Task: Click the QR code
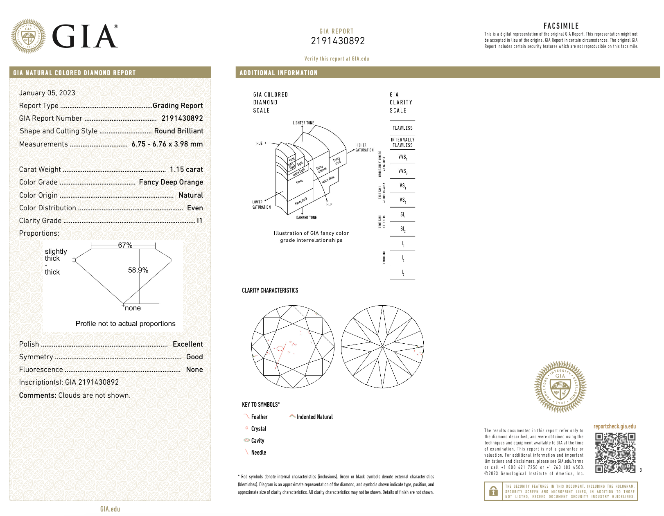tap(615, 453)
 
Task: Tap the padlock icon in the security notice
tap(493, 491)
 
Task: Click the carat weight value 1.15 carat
tap(186, 169)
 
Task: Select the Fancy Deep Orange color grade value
tap(171, 182)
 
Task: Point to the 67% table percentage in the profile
tap(125, 245)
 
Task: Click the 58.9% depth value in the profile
tap(138, 270)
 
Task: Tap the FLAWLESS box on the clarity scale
tap(402, 128)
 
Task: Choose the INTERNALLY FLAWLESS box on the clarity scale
tap(402, 142)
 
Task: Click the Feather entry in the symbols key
tap(259, 417)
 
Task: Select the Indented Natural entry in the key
tap(314, 417)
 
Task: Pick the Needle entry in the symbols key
tap(258, 453)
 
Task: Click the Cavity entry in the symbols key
tap(257, 441)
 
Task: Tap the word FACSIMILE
tap(561, 26)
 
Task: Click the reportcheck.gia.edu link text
tap(614, 426)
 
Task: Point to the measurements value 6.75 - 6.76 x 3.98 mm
tap(167, 144)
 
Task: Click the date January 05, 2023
tap(47, 93)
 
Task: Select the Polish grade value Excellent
tap(187, 344)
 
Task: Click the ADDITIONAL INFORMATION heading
tap(278, 73)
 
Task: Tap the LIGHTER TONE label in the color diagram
tap(303, 123)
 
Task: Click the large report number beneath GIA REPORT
tap(338, 41)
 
